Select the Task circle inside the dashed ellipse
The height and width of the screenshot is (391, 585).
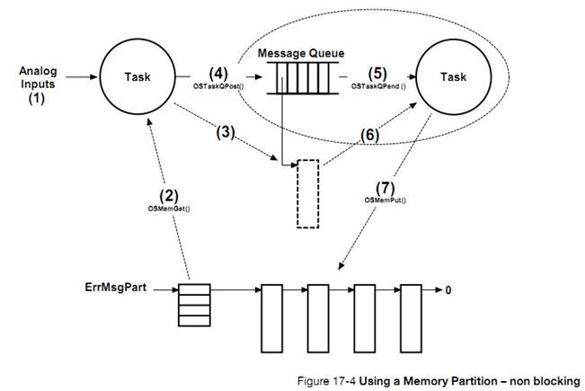454,76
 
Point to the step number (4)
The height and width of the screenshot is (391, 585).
219,72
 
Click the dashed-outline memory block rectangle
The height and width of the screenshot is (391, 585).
307,193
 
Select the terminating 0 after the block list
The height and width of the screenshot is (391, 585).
449,290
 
